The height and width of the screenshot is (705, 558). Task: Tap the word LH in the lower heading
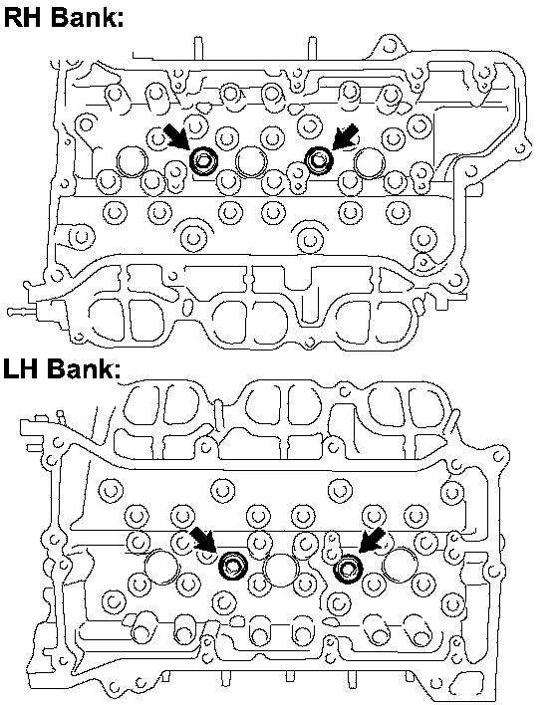point(21,368)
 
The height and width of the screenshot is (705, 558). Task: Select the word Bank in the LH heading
point(84,368)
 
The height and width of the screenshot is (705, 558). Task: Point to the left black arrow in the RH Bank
point(176,136)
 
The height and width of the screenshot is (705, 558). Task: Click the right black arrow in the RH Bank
point(346,136)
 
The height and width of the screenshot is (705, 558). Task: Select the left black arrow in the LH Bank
point(203,540)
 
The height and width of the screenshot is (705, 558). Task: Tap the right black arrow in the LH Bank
point(373,540)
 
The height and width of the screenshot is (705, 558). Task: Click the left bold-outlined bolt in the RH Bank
point(203,160)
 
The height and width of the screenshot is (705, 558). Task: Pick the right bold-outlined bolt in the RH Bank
point(319,160)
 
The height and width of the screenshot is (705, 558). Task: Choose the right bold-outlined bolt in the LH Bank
point(348,569)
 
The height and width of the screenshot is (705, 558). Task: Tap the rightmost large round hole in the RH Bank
point(370,162)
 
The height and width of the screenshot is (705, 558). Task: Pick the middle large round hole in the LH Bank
point(281,570)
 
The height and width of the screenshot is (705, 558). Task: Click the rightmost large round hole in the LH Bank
point(400,565)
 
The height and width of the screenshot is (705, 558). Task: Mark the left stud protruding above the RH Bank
point(198,48)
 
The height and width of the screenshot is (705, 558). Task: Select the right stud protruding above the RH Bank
point(312,48)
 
